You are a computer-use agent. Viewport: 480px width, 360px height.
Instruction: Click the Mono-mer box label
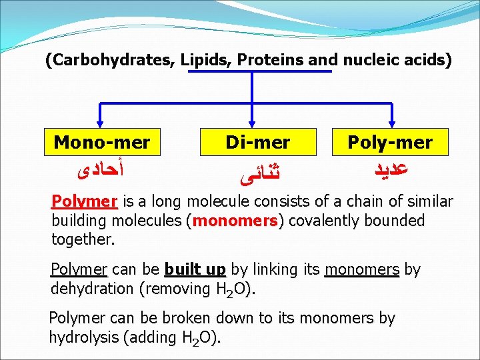(x=101, y=142)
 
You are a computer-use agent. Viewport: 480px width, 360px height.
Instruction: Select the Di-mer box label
(x=258, y=142)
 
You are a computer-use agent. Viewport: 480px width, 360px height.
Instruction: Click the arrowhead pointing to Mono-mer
(x=100, y=122)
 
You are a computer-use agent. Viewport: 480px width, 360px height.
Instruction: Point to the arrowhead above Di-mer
(x=252, y=122)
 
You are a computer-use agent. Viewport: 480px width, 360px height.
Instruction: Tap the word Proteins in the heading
(x=267, y=61)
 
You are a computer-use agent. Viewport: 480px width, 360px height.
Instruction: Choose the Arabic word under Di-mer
(x=257, y=175)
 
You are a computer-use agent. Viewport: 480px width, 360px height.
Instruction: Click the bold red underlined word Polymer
(x=85, y=202)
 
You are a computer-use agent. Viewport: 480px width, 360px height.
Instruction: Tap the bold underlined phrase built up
(x=195, y=270)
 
